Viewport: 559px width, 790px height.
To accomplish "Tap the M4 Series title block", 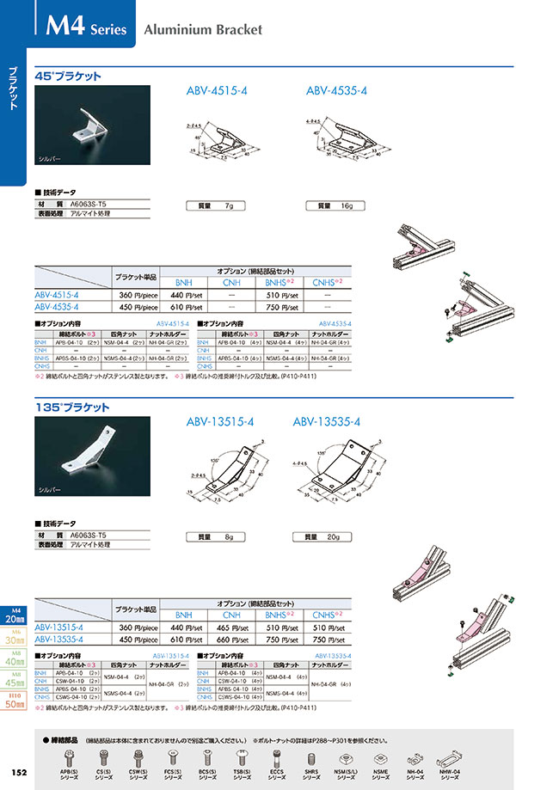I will click(83, 28).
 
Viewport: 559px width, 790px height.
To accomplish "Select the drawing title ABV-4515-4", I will click(217, 90).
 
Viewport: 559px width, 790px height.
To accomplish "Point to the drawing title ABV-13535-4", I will click(326, 421).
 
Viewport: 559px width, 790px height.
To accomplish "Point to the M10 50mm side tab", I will click(14, 697).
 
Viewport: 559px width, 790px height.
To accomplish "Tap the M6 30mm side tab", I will click(14, 640).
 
